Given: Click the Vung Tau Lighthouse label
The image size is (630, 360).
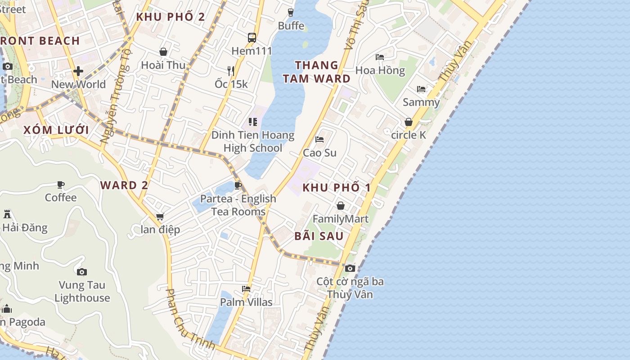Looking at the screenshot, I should point(82,291).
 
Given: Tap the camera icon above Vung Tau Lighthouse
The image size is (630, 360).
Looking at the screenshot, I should point(81,272).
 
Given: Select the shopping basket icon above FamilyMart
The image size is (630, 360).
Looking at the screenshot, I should point(341,206).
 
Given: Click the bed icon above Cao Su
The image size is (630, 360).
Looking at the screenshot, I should point(319,139).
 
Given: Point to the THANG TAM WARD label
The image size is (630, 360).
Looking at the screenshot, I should point(316,72).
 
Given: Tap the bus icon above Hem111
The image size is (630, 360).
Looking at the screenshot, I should point(252,38).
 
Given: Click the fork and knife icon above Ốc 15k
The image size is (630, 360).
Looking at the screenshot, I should point(231,71).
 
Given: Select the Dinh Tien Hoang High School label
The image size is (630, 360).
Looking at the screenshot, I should point(253,141).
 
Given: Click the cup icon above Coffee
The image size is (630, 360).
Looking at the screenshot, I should point(61,184).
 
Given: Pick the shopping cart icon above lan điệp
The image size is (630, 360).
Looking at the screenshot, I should point(160,217).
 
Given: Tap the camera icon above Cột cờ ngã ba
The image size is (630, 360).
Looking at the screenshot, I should point(350,269).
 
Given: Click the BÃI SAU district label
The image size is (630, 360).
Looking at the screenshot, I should point(319,236).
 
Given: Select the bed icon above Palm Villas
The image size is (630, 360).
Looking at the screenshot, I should point(246,289).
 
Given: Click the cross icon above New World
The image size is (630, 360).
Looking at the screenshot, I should point(78,71).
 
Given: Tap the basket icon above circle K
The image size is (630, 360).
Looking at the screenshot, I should point(409,122).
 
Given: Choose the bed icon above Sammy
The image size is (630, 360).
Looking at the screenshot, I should point(421,89).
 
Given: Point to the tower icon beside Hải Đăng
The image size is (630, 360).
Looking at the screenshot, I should point(7,214).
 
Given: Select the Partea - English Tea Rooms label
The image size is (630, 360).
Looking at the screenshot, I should point(238,205).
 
